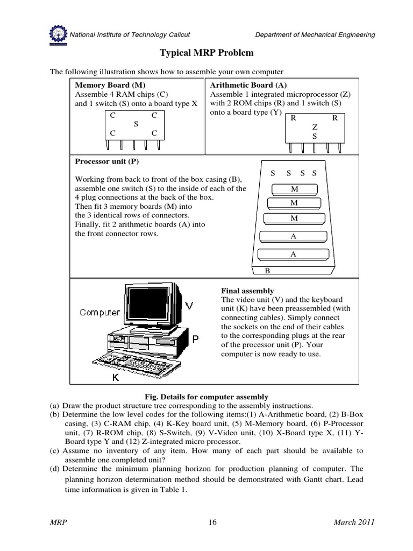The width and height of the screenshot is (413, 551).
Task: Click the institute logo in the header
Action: [58, 34]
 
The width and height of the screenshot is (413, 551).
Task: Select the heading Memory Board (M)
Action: [110, 85]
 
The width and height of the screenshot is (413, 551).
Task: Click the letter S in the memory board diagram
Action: [136, 124]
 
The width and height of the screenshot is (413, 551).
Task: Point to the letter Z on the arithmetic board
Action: [315, 127]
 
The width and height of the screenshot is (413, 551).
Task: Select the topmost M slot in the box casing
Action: [294, 189]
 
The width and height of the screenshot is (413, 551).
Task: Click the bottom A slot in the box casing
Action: [294, 254]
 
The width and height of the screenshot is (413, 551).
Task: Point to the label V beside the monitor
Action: [189, 306]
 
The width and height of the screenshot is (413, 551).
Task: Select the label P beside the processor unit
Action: [196, 339]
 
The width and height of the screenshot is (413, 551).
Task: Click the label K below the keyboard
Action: [115, 379]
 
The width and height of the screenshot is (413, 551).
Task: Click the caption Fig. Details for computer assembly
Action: [206, 397]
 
